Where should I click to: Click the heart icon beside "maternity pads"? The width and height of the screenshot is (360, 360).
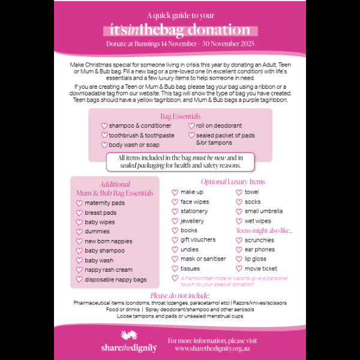click(x=79, y=203)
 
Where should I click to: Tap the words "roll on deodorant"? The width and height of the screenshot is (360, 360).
click(x=219, y=126)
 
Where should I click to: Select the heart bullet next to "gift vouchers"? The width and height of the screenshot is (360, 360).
click(x=175, y=240)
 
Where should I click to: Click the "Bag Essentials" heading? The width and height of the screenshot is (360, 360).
click(x=180, y=116)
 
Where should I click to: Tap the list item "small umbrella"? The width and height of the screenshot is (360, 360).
click(x=263, y=211)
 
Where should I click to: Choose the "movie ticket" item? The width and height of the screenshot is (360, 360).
click(x=261, y=269)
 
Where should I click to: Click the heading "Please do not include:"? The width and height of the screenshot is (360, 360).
click(x=180, y=296)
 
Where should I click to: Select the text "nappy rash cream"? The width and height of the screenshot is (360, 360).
click(x=109, y=270)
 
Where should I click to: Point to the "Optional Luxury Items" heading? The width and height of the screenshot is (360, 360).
click(x=232, y=182)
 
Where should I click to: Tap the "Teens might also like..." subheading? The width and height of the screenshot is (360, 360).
click(x=264, y=230)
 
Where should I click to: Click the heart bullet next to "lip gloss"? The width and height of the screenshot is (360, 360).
click(x=239, y=259)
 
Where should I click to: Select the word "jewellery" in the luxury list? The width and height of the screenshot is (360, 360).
click(x=192, y=221)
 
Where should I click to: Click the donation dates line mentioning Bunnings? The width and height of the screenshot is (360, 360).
click(x=180, y=44)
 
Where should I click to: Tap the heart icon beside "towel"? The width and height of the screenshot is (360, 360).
click(x=239, y=193)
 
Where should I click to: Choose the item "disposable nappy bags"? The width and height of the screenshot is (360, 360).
click(x=115, y=280)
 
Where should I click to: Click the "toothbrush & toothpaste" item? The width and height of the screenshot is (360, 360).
click(x=142, y=136)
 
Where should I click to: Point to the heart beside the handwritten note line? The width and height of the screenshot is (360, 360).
click(x=175, y=278)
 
